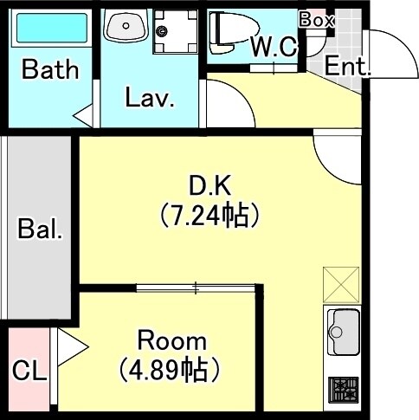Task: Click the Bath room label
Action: coord(50,70)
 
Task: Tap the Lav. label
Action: coord(150,98)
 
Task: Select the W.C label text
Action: coord(274,47)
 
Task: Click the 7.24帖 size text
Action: coord(209,214)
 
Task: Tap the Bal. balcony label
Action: coord(40,230)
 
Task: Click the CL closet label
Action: coord(29,372)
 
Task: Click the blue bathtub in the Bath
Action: coord(51,28)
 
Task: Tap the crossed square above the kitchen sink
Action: coord(340,284)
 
